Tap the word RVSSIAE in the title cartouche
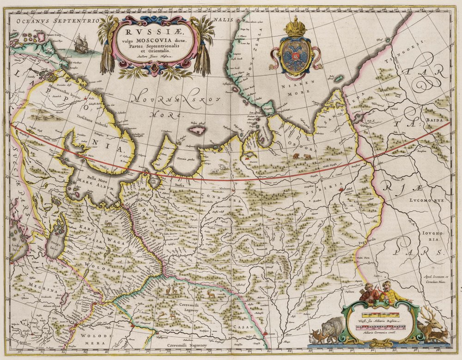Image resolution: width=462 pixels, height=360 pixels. [151, 32]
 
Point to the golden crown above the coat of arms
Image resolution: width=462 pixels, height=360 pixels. [292, 27]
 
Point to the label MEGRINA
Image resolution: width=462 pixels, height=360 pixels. [36, 286]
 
